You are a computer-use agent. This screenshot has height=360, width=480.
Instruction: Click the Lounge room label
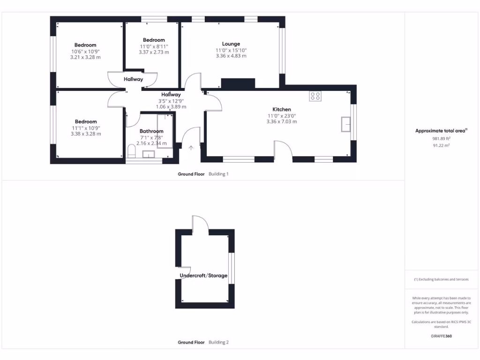[231, 44]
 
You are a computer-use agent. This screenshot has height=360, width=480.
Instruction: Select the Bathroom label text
[151, 131]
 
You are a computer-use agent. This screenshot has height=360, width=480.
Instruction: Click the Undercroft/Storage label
[204, 276]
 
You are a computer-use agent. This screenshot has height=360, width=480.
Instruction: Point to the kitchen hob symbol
[315, 96]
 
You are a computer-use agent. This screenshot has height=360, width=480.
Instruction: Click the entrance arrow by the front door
[191, 148]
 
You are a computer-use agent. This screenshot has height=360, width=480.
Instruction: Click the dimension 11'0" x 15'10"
[231, 50]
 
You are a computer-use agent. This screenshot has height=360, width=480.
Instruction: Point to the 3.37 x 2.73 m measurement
[154, 52]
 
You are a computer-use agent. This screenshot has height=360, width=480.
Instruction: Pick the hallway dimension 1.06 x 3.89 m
[171, 106]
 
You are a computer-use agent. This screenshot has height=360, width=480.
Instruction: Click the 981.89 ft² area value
[441, 139]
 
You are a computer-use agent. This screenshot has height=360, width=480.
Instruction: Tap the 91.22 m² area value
[441, 145]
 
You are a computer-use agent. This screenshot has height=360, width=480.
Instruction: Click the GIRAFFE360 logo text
[441, 336]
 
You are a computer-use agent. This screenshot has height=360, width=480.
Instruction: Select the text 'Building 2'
[218, 343]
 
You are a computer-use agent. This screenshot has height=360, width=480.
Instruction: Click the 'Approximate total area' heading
[441, 131]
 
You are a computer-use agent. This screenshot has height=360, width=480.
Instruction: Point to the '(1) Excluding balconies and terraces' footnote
[441, 279]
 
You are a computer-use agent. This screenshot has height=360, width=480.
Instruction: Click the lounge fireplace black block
[238, 83]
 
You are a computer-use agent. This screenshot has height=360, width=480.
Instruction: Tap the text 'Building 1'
[218, 174]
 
